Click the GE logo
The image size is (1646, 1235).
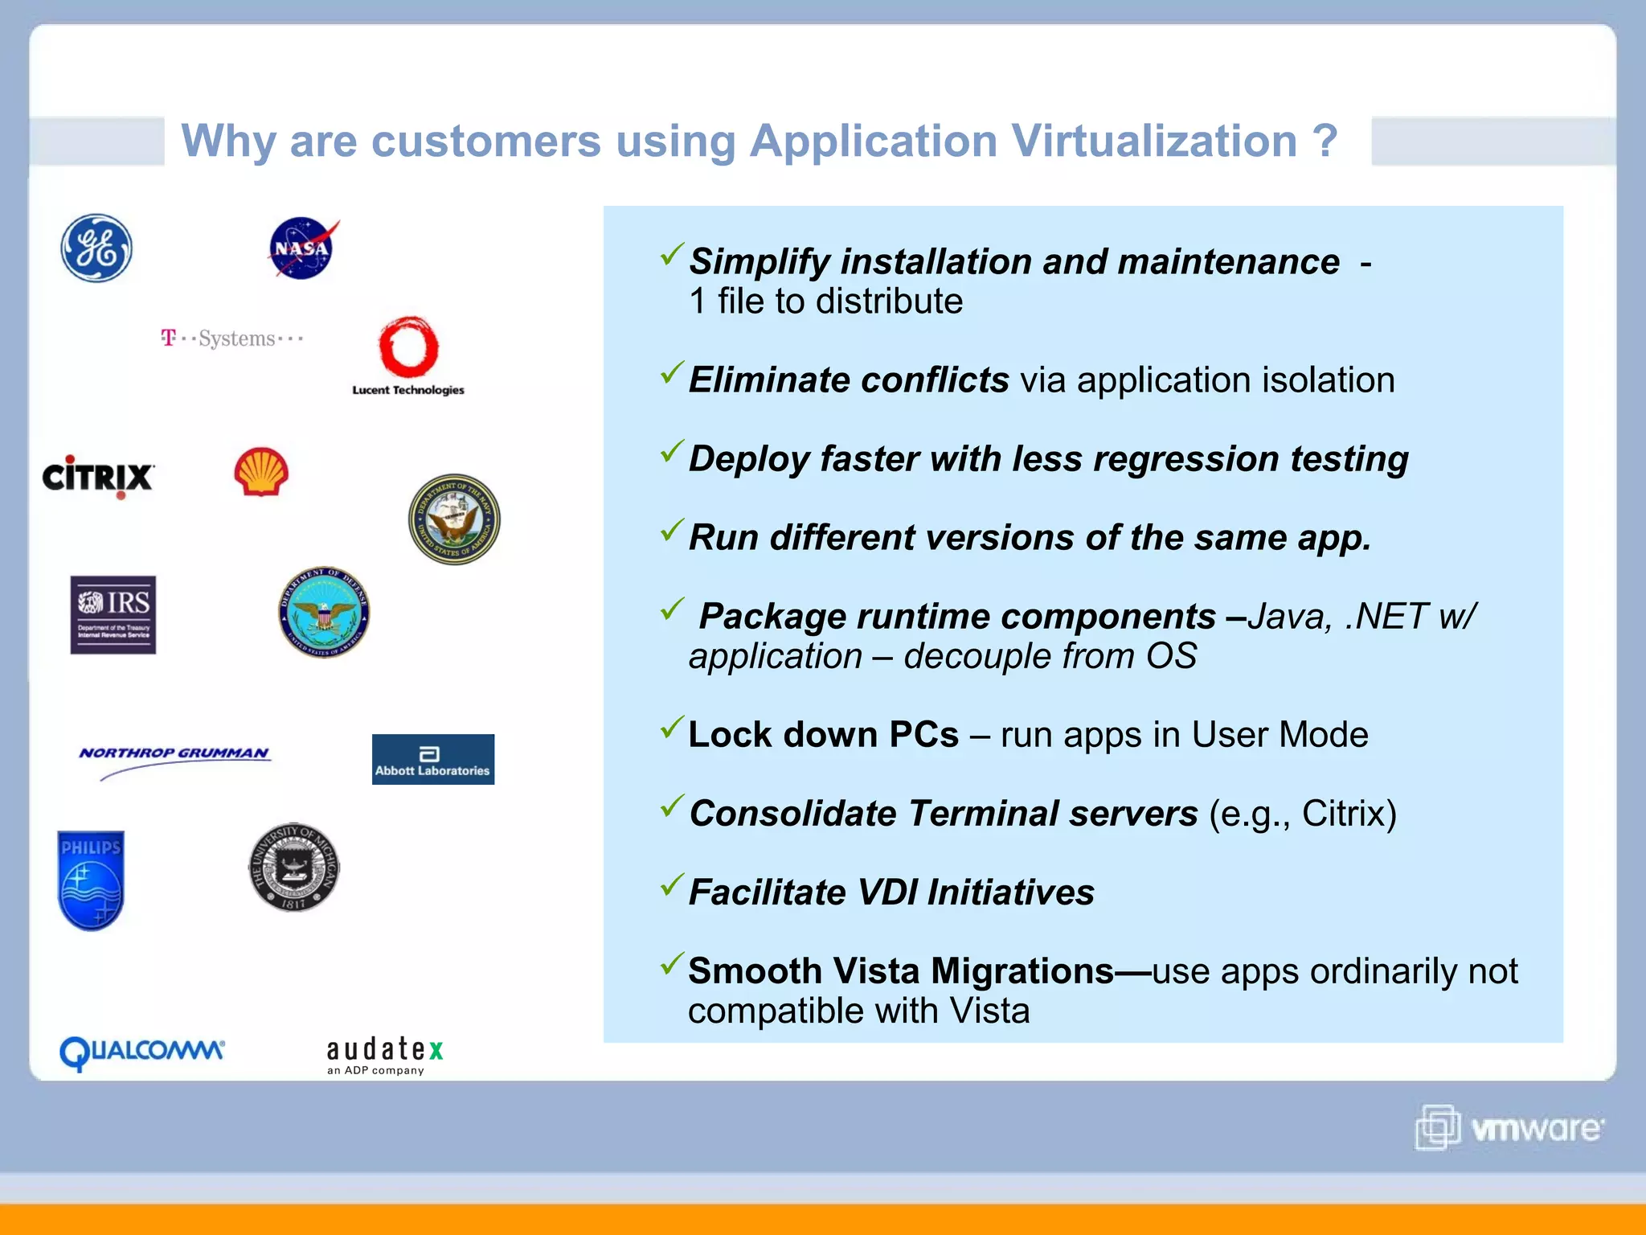(x=96, y=248)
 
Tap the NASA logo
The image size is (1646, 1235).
(x=301, y=248)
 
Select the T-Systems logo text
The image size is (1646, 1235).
(x=232, y=338)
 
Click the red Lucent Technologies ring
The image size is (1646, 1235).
(x=408, y=348)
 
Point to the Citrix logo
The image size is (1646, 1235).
(x=97, y=477)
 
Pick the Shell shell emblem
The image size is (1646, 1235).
(x=261, y=472)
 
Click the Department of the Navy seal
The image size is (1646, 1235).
(x=454, y=519)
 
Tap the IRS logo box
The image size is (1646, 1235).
(x=113, y=615)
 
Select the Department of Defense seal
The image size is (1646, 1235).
(x=324, y=613)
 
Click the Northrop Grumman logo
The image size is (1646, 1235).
(x=174, y=756)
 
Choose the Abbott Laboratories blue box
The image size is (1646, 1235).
(x=432, y=760)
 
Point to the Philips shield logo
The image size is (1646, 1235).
(x=91, y=880)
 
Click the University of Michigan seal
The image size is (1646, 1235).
(x=293, y=868)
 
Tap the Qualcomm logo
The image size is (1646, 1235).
(x=141, y=1052)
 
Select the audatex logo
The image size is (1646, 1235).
(x=385, y=1054)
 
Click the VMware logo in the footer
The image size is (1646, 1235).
(x=1509, y=1128)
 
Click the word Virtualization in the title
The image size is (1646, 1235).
(x=1154, y=142)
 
